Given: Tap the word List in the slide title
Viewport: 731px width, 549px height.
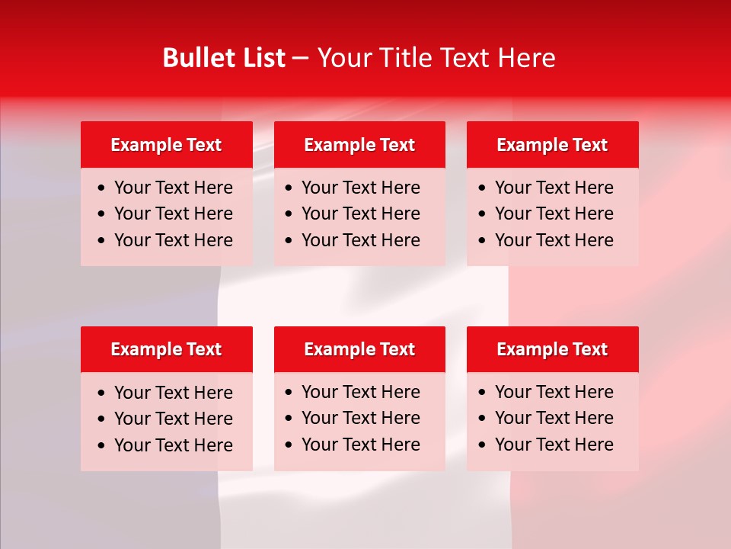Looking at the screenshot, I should pos(263,58).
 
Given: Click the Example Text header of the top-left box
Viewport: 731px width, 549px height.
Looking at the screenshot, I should pos(166,145).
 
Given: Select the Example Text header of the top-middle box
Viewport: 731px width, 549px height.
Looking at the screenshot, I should pos(359,145).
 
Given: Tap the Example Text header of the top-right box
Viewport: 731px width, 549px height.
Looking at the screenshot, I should pos(552,145).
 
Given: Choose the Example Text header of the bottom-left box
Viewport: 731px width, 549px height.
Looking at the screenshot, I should pos(166,349).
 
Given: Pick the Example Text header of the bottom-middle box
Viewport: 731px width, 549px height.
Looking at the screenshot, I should pos(359,349).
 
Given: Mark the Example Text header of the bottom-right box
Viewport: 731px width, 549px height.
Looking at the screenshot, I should pos(552,349).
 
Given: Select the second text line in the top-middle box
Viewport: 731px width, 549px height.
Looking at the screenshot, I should pos(360,213).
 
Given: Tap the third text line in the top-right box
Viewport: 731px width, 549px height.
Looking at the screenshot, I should pos(554,240).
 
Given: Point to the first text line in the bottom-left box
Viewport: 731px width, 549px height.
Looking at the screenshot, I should pos(173,393).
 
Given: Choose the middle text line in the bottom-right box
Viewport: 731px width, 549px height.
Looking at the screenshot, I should pos(554,418).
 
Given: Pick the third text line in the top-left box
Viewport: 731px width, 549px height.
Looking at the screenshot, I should pos(173,240).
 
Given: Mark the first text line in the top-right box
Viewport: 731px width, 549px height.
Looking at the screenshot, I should pos(554,188).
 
